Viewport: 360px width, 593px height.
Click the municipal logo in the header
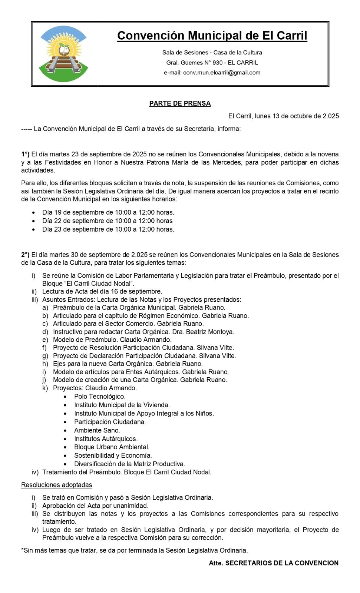coord(64,54)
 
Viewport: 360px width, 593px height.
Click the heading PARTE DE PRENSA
coord(180,103)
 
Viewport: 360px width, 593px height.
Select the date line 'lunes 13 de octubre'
coord(284,116)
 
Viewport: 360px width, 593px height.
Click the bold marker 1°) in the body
coord(25,154)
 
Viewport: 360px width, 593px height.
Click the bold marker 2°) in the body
coord(25,255)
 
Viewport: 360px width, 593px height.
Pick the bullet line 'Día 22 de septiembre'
coord(108,221)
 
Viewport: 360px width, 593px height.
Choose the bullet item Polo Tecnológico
coord(100,397)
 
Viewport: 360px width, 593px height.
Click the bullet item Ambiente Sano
coord(97,430)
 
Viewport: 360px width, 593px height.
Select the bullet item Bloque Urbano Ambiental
coord(112,447)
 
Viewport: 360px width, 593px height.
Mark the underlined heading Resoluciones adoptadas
coord(56,485)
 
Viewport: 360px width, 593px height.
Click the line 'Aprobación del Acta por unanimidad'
coord(95,506)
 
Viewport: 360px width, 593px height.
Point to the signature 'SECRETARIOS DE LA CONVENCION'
coord(282,563)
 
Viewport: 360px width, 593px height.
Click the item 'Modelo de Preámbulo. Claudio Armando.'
coord(112,339)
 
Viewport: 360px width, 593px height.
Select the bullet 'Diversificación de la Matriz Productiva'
coord(129,464)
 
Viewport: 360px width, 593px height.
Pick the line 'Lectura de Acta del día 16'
coord(102,291)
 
